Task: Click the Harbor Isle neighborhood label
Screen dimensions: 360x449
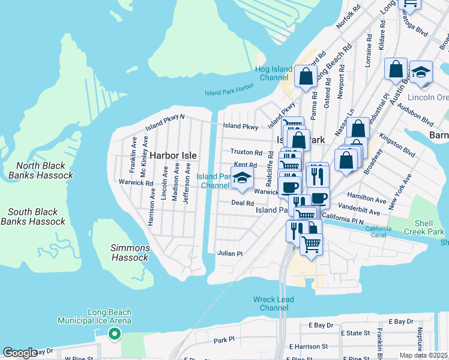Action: [x=173, y=155]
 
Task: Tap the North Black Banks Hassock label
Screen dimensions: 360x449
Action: [x=44, y=170]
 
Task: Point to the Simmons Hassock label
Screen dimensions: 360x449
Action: [x=130, y=253]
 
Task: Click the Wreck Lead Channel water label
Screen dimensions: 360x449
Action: [x=274, y=304]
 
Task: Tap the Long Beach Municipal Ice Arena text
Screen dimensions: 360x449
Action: [x=94, y=317]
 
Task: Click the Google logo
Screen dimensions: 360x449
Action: [x=20, y=353]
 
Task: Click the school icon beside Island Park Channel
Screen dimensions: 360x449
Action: [x=242, y=178]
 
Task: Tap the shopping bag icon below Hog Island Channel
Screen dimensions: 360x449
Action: [x=306, y=77]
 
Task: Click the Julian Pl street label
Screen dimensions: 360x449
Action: [x=229, y=254]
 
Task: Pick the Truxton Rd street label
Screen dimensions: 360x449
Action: [x=246, y=153]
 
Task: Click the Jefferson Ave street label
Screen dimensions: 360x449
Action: [x=187, y=187]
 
